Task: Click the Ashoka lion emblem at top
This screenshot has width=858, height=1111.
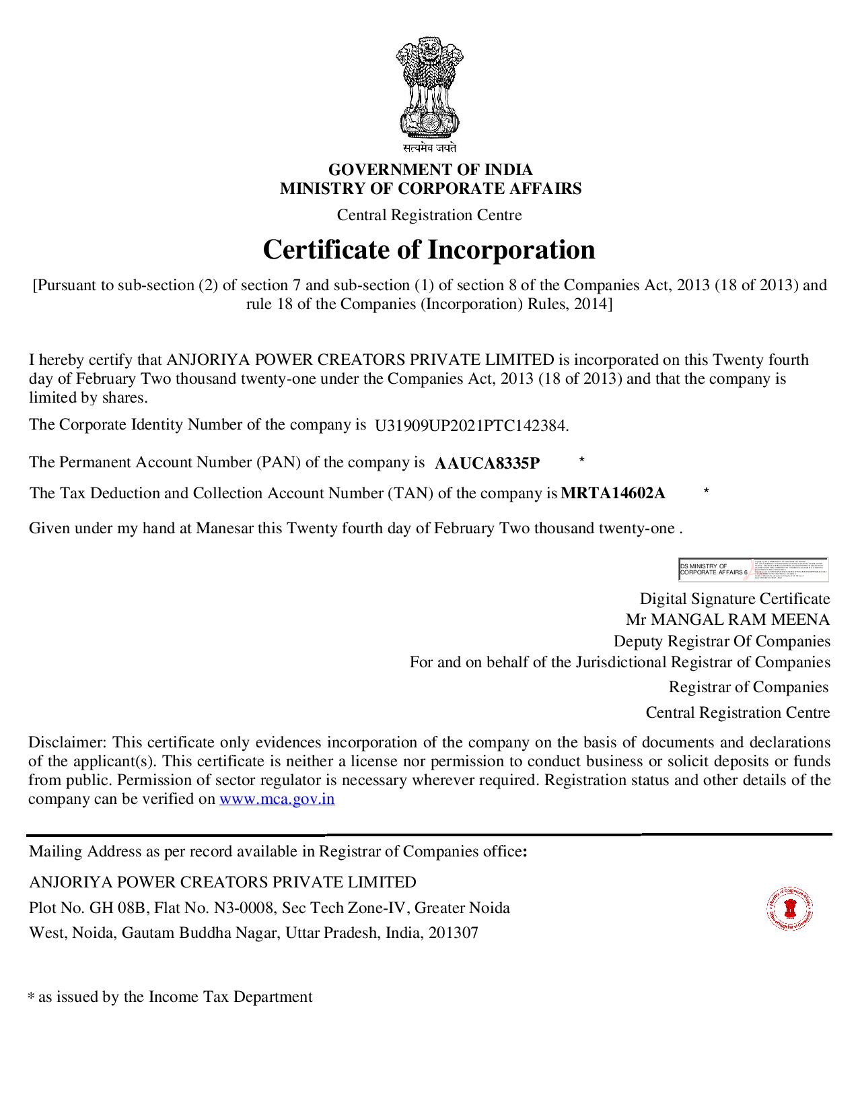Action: click(429, 88)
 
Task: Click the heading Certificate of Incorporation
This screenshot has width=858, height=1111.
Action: click(429, 250)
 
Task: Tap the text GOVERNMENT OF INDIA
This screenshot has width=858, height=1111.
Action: click(430, 170)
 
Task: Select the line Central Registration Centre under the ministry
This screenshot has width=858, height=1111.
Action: click(429, 215)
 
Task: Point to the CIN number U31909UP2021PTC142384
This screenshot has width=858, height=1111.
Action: click(471, 426)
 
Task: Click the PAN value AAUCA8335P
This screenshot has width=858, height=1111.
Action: click(487, 463)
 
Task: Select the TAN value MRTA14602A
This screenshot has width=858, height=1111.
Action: click(613, 494)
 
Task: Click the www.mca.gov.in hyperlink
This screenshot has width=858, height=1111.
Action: click(277, 799)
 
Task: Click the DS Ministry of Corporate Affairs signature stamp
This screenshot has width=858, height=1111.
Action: click(753, 569)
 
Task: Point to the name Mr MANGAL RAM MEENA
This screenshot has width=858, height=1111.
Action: click(727, 619)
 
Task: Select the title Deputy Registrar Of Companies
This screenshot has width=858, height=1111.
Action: click(721, 641)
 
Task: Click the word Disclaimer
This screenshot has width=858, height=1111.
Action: click(67, 743)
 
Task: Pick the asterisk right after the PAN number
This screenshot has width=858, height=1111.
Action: click(581, 461)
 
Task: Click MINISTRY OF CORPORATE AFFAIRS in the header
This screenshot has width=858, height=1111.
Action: click(431, 189)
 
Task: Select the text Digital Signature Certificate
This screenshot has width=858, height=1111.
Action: click(734, 599)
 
